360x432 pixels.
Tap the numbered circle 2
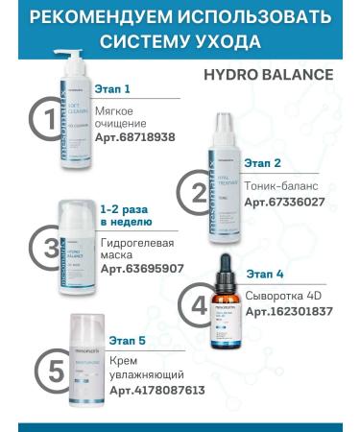199,192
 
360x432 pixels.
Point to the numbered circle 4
199,306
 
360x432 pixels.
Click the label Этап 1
114,89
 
